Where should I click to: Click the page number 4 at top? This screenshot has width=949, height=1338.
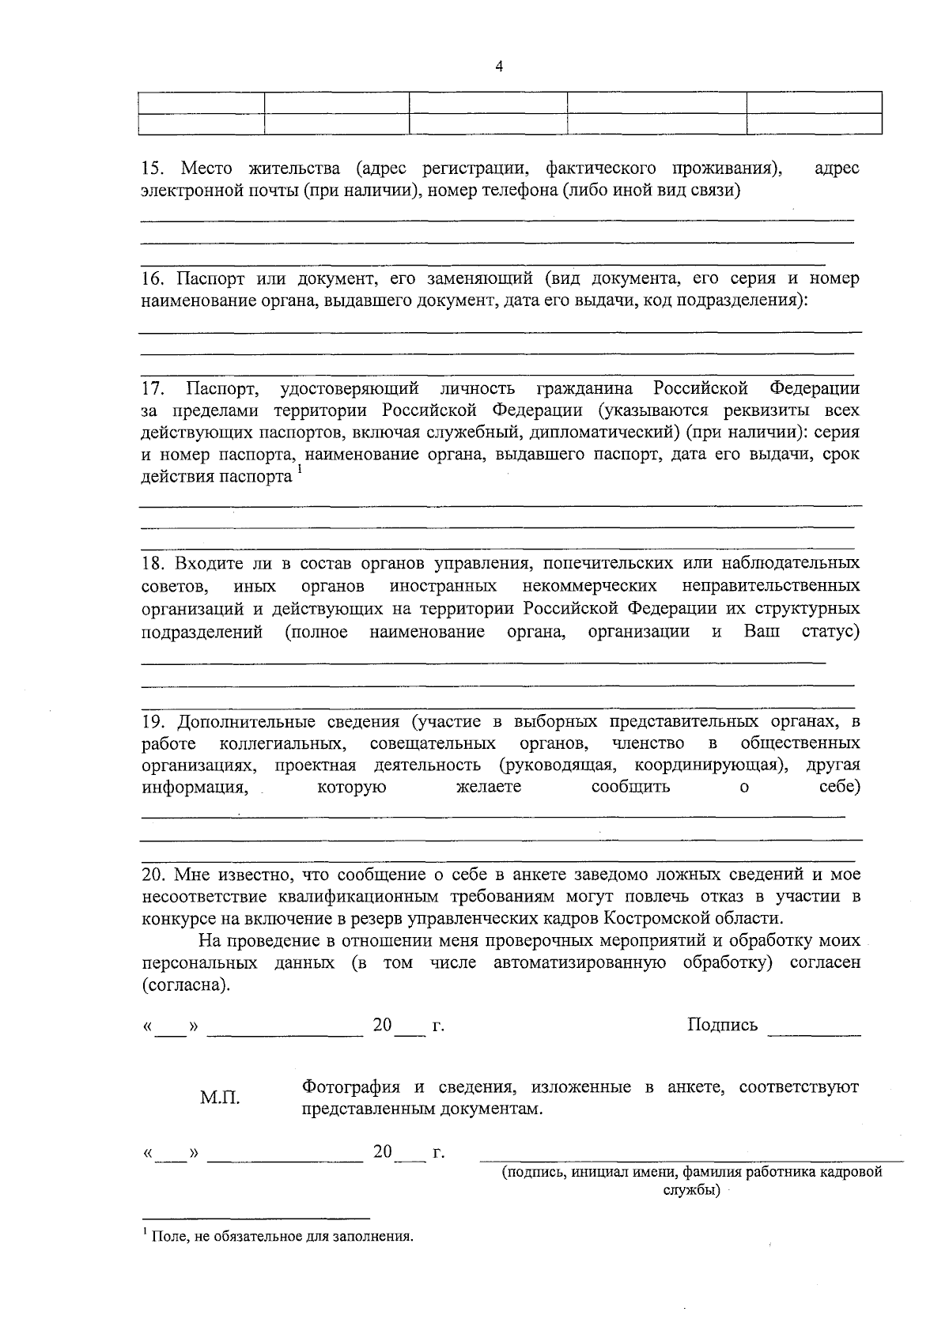[498, 66]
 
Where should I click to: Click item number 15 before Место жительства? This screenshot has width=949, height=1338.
[153, 168]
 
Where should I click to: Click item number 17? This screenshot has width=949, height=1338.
[153, 388]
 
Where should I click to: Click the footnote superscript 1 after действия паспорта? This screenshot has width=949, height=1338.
[301, 472]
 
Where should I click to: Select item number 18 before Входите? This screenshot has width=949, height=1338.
[153, 563]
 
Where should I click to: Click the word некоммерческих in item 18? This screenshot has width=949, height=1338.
[589, 586]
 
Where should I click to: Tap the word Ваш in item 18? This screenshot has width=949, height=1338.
[762, 631]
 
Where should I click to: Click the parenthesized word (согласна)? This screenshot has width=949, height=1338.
[187, 985]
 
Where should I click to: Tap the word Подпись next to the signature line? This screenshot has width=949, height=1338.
[722, 1025]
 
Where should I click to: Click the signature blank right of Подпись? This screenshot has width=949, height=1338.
[814, 1028]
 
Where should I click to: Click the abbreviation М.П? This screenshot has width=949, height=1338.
[220, 1098]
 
